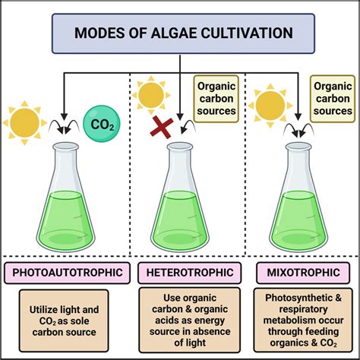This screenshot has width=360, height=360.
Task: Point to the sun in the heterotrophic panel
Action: (x=151, y=96)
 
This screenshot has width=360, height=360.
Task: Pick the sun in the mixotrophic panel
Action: (x=268, y=106)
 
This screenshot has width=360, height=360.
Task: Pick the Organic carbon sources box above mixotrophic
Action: (x=333, y=99)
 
